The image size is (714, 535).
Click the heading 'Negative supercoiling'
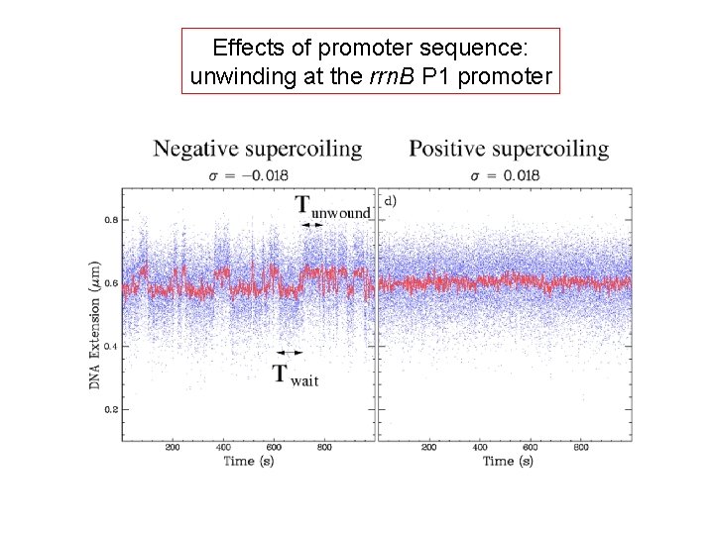pos(257,150)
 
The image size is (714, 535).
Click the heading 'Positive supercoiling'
pos(509,150)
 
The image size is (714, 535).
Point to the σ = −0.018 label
pos(248,175)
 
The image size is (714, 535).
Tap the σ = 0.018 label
pos(506,175)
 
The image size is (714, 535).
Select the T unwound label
pos(332,206)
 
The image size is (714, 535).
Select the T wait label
pos(296,375)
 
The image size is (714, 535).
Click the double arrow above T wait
pos(290,352)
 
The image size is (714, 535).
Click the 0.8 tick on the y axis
pos(111,220)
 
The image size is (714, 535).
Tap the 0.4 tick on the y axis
pos(111,346)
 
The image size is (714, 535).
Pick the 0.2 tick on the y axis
pos(111,409)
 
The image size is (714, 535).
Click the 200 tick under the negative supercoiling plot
pos(173,448)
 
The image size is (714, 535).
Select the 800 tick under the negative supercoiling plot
pos(324,448)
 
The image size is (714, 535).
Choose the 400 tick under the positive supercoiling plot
pos(480,448)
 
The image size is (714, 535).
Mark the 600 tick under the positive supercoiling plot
pos(531,448)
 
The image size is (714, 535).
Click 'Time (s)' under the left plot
pos(248,461)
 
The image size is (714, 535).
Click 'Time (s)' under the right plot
pos(507,461)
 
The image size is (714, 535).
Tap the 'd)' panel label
pos(391,201)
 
